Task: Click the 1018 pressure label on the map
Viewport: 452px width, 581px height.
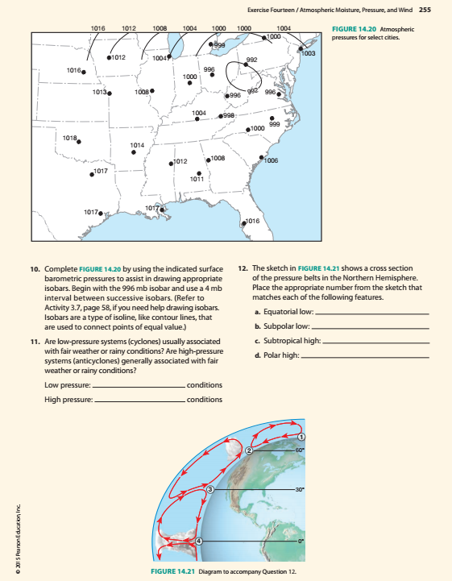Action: tap(70, 139)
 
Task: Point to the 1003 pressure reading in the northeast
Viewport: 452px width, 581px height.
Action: tap(308, 53)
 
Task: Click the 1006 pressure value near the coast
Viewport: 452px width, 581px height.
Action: tap(271, 161)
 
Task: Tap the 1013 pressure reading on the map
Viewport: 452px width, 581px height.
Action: tap(101, 93)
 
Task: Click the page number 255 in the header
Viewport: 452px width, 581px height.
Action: tap(426, 10)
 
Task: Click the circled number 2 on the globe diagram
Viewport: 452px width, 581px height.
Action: tap(251, 450)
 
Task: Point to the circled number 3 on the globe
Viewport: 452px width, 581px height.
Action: tap(210, 489)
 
